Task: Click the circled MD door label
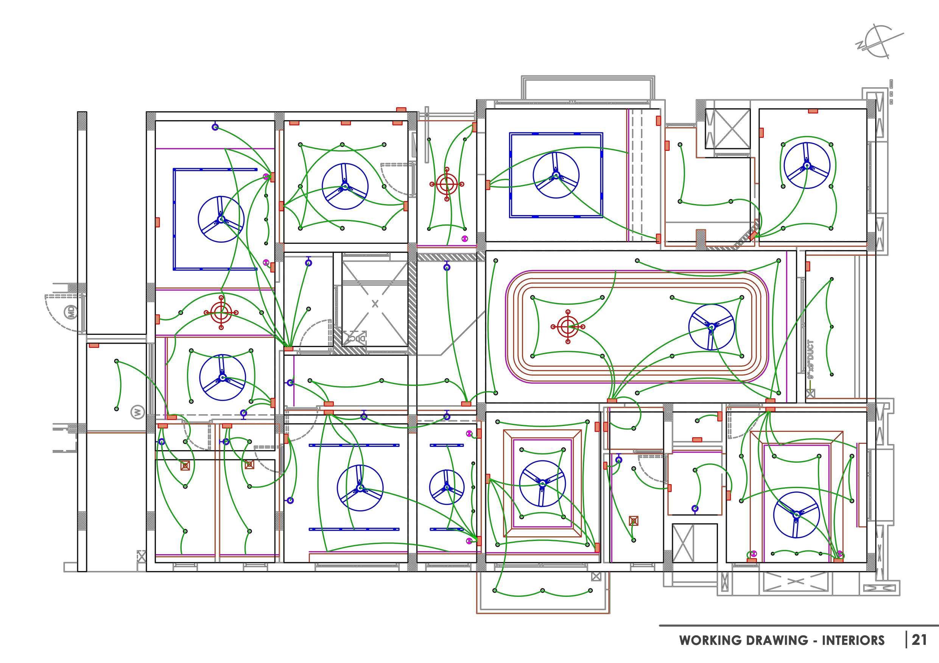point(72,313)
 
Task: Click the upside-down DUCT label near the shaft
point(356,338)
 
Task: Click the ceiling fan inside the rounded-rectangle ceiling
point(711,327)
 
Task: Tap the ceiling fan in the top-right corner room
point(807,165)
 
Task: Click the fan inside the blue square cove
point(555,175)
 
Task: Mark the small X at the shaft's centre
point(375,304)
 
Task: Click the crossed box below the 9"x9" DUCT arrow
point(810,394)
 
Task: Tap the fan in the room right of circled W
point(223,378)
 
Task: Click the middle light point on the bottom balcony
point(542,590)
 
